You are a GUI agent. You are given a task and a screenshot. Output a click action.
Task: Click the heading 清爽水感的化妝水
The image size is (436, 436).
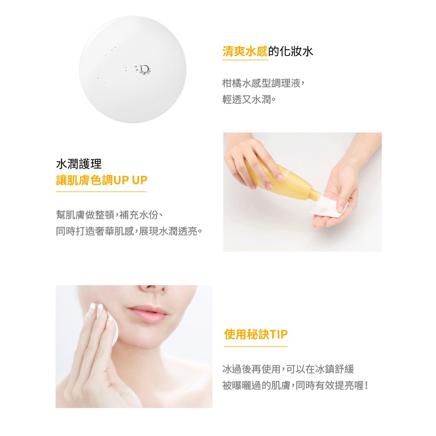[267, 52]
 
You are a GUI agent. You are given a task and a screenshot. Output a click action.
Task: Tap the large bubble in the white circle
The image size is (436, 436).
[145, 69]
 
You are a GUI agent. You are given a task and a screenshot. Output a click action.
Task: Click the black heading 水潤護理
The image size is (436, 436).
[79, 164]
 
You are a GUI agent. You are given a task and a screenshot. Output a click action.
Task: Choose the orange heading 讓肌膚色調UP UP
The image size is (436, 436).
[101, 180]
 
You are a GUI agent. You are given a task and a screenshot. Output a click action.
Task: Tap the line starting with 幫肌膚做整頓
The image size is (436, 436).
[109, 215]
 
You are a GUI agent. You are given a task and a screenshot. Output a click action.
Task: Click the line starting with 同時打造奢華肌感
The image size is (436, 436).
[129, 231]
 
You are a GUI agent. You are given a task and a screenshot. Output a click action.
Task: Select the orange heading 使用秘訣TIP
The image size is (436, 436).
[255, 334]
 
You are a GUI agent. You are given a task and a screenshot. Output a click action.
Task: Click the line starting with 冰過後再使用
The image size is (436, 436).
[288, 369]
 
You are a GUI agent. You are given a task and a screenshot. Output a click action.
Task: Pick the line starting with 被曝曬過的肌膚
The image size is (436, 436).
[295, 386]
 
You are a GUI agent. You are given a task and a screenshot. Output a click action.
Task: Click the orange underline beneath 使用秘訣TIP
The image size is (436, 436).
[255, 347]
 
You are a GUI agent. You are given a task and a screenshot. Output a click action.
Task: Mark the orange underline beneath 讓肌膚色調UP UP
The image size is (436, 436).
[101, 192]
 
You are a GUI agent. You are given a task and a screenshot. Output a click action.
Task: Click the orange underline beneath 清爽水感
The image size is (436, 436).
[245, 60]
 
